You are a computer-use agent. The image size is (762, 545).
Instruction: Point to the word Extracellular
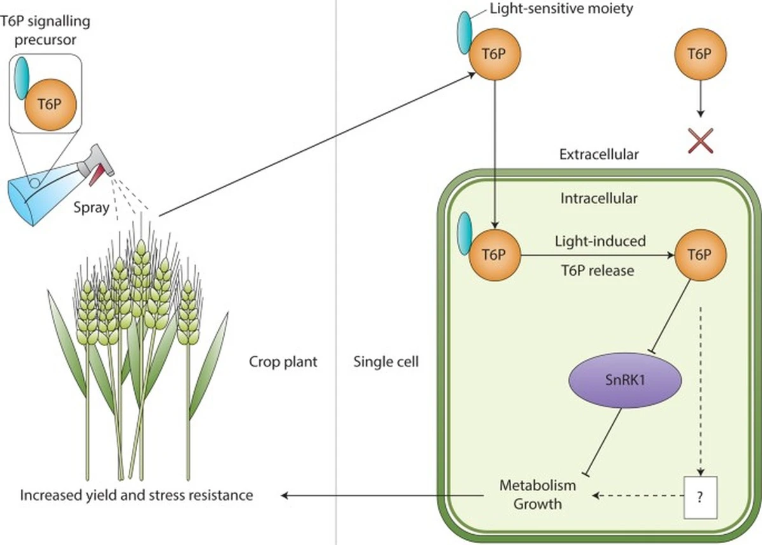point(599,154)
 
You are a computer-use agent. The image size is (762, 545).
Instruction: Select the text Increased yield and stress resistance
point(136,495)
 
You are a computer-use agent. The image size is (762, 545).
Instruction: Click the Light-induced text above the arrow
point(600,241)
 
